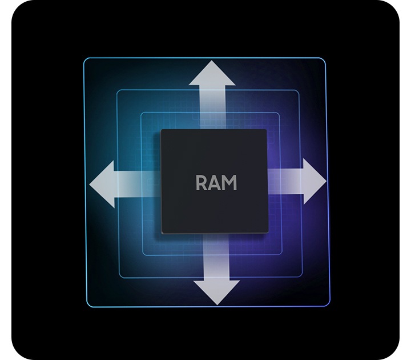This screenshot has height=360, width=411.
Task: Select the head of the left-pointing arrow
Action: [103, 184]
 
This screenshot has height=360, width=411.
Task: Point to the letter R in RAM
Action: [202, 183]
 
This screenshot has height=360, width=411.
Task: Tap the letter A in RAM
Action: [215, 183]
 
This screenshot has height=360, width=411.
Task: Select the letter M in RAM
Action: [229, 183]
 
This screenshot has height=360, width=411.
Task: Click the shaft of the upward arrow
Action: [213, 109]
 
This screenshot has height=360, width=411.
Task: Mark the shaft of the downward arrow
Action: [216, 257]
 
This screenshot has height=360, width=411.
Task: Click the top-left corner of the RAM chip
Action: [162, 131]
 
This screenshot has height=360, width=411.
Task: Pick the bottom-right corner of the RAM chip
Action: [266, 232]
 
